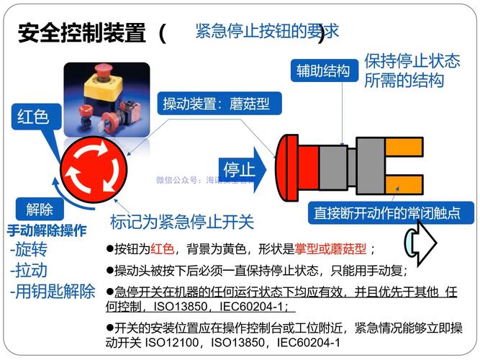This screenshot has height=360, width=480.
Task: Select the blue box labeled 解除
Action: click(x=40, y=210)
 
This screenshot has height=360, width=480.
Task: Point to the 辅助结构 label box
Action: click(x=323, y=71)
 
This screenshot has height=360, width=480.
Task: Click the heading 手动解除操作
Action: click(x=47, y=231)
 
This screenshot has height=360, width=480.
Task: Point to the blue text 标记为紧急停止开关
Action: click(x=182, y=221)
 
